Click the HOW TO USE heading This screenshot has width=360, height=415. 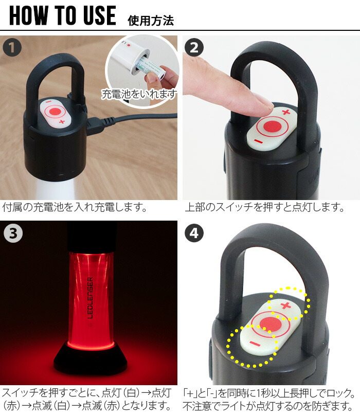[63, 16]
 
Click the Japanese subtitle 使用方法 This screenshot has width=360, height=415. [150, 20]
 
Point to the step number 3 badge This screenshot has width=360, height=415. [12, 233]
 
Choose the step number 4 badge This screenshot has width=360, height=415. [193, 233]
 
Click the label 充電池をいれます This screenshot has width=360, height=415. [139, 94]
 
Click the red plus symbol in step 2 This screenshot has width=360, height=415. [286, 112]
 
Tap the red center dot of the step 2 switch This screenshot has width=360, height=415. [272, 126]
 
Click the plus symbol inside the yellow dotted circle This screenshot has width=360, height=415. [286, 306]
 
